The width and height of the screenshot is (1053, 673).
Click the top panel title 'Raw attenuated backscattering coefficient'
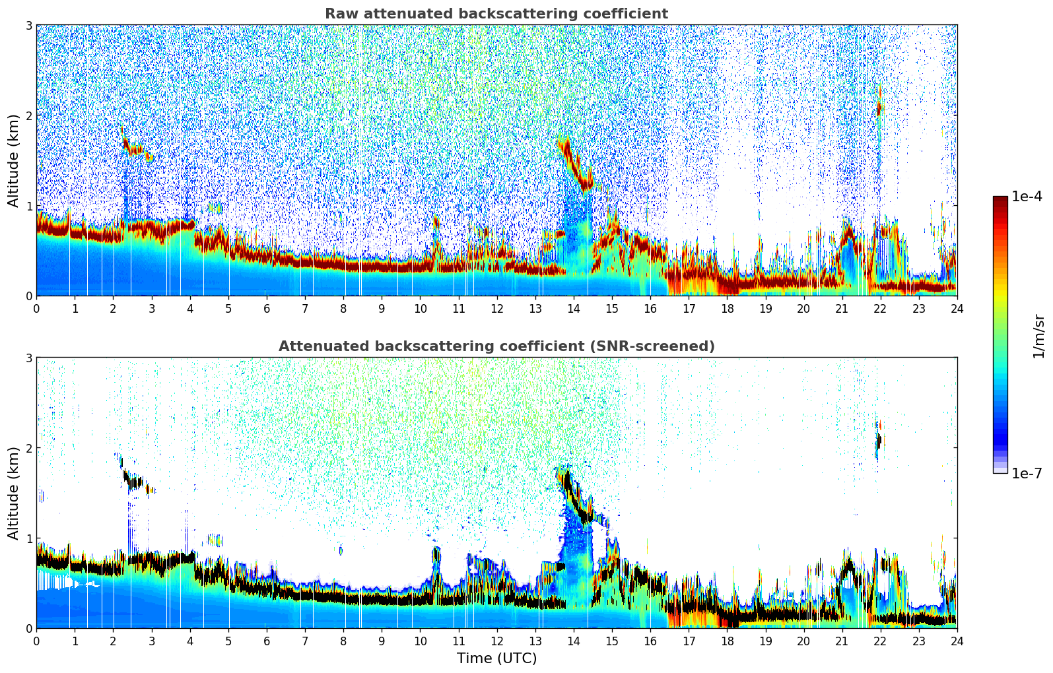click(x=496, y=14)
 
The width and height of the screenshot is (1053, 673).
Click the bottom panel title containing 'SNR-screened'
click(x=496, y=346)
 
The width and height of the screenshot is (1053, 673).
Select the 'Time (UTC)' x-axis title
click(x=496, y=658)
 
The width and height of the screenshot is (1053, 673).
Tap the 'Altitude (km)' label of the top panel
click(x=14, y=160)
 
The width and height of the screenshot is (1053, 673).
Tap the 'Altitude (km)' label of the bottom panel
click(x=14, y=493)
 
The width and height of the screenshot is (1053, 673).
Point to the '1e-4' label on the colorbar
click(x=1027, y=197)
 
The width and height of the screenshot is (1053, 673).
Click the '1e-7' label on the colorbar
click(x=1027, y=473)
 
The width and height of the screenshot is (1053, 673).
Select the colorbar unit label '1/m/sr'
click(x=1038, y=336)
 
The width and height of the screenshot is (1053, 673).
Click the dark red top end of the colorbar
click(x=1000, y=199)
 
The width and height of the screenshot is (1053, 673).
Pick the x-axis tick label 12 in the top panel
click(x=496, y=308)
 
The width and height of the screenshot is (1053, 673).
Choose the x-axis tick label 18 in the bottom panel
click(x=727, y=641)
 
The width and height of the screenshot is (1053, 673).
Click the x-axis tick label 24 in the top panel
click(x=957, y=308)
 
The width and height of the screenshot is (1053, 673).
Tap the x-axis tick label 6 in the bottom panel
click(x=267, y=641)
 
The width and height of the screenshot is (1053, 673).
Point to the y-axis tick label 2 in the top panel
click(x=28, y=115)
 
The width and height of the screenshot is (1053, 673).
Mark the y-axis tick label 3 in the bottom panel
click(x=28, y=358)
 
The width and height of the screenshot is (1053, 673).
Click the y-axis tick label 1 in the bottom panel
click(x=28, y=538)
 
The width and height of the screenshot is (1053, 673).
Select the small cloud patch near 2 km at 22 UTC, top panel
click(x=879, y=106)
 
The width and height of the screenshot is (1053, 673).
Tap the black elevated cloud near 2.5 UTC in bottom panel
click(x=133, y=481)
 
